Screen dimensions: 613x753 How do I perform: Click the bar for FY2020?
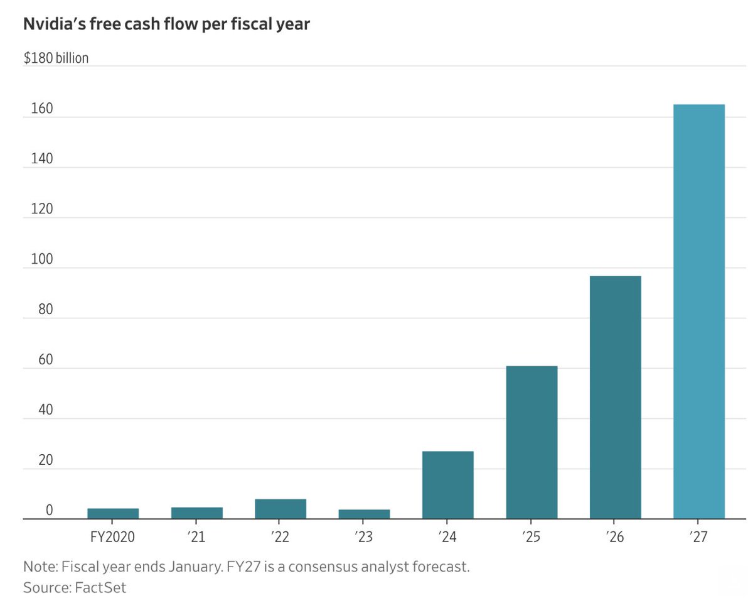113,513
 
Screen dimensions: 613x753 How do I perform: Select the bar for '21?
196,513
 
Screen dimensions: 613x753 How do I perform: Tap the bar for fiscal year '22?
280,509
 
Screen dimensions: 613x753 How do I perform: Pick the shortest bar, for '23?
364,514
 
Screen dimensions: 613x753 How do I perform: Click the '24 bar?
448,485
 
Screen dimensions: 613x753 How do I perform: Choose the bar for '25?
531,442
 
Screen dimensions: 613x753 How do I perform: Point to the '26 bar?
615,397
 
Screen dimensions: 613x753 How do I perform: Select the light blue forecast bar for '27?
698,312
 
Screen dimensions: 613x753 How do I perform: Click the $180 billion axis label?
56,58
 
